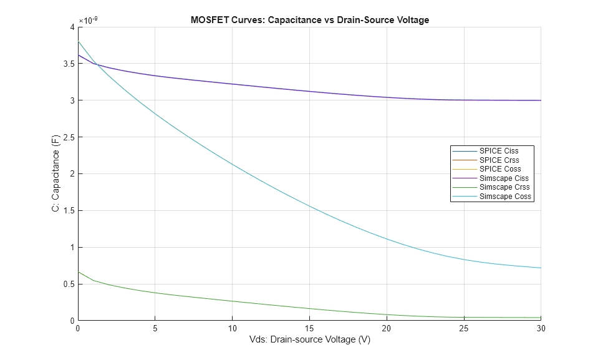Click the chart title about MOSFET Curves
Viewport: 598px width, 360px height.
coord(309,20)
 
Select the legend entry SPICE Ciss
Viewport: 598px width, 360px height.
coord(498,151)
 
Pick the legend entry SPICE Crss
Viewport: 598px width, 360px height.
coord(499,160)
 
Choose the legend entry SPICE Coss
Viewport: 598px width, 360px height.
coord(499,169)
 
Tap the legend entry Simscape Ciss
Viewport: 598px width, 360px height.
coord(504,178)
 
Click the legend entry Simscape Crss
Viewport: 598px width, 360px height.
coord(504,187)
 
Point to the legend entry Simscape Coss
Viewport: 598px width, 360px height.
coord(504,197)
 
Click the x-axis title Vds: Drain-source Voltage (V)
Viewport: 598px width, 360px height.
coord(309,340)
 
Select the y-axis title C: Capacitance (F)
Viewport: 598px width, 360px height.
coord(56,173)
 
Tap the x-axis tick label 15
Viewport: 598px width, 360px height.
coord(309,328)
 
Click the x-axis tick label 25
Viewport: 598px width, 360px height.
coord(464,328)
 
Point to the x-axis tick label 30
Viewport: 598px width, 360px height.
coord(541,328)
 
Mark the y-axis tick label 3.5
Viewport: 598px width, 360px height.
coord(67,64)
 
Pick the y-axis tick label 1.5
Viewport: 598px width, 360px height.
coord(67,211)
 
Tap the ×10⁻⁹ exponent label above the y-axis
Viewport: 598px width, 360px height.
coord(88,20)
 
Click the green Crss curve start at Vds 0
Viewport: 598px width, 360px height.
coord(78,272)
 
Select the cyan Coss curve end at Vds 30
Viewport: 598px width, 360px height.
coord(541,268)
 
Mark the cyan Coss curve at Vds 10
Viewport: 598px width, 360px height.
coord(232,164)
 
